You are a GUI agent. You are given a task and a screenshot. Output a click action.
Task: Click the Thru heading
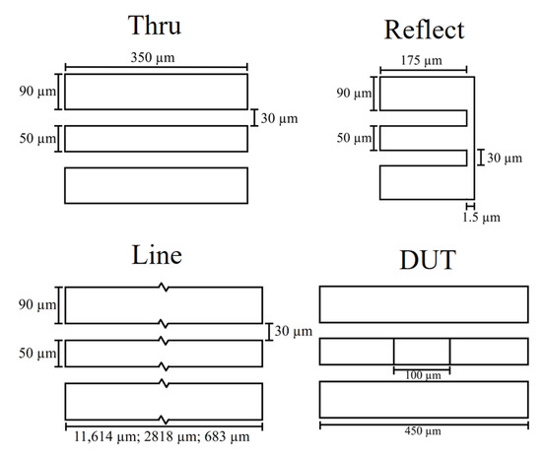[157, 25]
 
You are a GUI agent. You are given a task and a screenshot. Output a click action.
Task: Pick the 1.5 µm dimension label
[480, 215]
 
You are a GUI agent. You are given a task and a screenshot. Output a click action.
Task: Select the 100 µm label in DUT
[422, 377]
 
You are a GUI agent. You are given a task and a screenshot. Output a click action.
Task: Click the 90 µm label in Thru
[34, 92]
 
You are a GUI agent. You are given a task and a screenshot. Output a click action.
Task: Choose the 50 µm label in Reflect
[351, 138]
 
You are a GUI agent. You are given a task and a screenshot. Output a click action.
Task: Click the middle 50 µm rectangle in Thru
[156, 139]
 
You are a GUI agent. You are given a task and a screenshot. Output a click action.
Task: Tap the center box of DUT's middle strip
[422, 352]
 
